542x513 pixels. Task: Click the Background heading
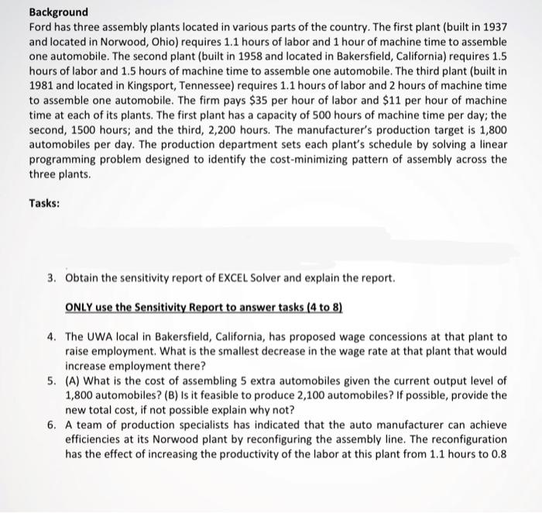pos(59,12)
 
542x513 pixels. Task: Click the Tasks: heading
pos(45,203)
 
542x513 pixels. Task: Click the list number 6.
pos(51,425)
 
